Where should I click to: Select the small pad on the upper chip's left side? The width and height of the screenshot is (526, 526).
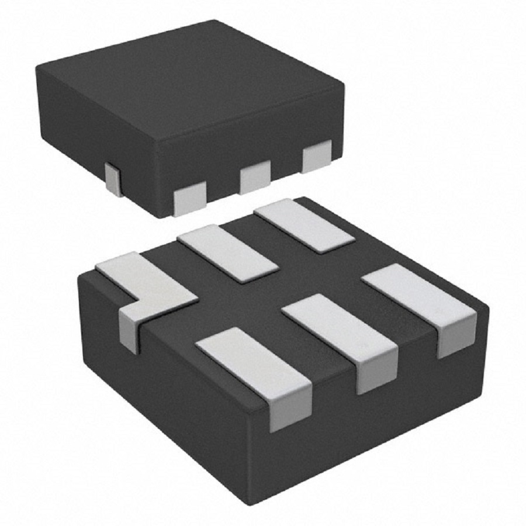point(113,178)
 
